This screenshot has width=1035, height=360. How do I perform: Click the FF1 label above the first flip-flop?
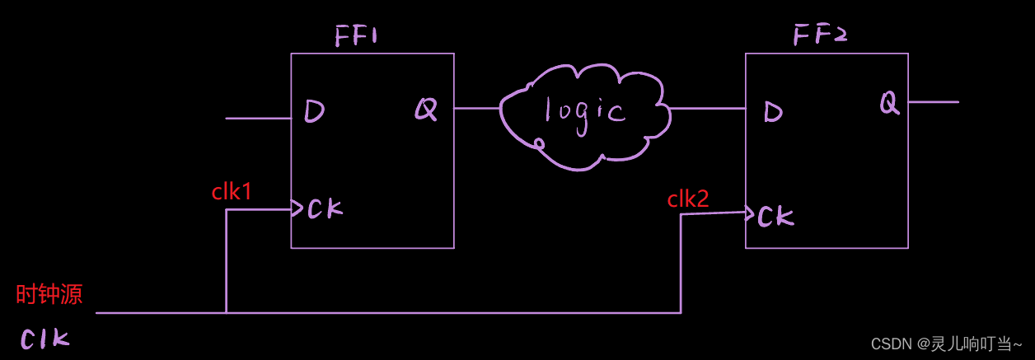click(356, 37)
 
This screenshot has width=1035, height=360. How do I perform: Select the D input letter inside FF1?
click(314, 111)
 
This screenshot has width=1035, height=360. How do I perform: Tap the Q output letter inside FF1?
click(425, 109)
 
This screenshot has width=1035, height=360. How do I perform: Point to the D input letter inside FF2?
click(773, 112)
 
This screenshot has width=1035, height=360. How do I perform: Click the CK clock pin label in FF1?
click(324, 209)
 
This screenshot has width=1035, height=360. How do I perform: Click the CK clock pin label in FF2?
click(775, 217)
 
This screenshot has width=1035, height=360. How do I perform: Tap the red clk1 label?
click(232, 193)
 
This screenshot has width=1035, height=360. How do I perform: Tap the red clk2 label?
click(688, 199)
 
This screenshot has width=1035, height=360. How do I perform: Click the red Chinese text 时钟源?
click(49, 295)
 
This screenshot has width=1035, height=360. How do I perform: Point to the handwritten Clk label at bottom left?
click(44, 339)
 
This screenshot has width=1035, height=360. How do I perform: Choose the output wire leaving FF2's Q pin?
click(934, 102)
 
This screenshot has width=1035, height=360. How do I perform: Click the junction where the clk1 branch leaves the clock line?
click(226, 313)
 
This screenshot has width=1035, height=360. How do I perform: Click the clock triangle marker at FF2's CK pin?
click(749, 214)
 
